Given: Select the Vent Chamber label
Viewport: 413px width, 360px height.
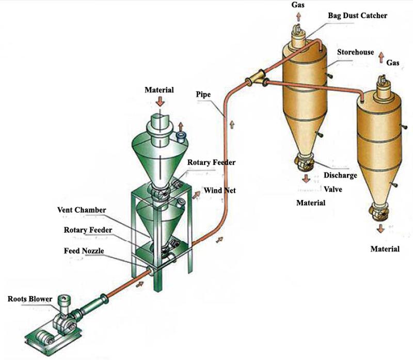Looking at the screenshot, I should (82, 210).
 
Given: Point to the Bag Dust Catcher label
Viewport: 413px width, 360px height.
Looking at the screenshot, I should (357, 15).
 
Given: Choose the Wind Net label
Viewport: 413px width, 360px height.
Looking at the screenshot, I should (219, 191).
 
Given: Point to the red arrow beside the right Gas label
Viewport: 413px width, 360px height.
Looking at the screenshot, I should (380, 56).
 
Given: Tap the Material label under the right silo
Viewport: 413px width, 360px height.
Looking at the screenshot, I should (385, 249).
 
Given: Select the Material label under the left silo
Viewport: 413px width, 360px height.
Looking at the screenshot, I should (310, 203).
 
